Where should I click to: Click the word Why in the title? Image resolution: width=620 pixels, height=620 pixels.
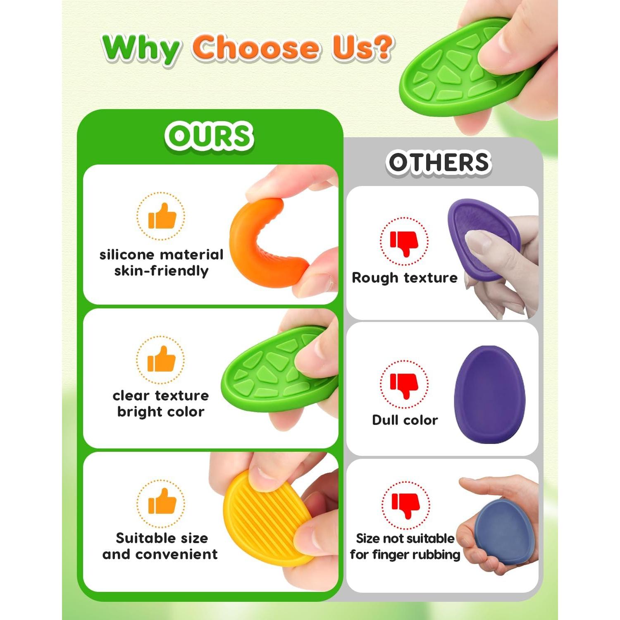141,49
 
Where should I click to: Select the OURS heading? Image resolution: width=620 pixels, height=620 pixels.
209,136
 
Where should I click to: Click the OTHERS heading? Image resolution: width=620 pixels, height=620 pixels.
439,162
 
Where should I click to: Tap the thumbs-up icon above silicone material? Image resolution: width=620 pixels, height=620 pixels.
162,216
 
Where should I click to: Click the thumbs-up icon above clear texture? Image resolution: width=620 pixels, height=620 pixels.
161,359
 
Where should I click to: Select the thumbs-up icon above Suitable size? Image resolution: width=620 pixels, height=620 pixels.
162,501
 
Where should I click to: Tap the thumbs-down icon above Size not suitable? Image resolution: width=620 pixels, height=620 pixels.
405,505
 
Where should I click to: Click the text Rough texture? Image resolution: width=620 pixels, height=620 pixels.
405,278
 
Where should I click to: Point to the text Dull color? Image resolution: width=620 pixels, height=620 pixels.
405,420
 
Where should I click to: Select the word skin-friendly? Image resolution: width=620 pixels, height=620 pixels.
161,271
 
